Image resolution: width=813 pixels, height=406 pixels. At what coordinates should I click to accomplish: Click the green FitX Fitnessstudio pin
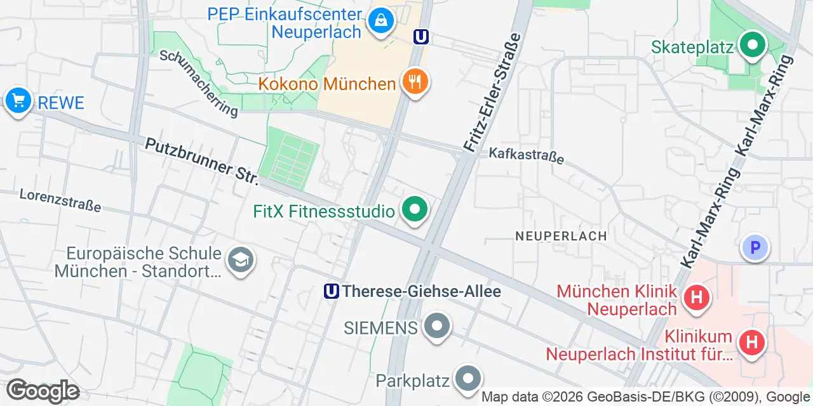[415, 209]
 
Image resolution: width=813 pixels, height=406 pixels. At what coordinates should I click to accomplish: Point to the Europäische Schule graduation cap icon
[240, 260]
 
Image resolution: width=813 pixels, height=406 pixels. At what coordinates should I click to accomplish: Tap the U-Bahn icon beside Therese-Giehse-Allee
[331, 291]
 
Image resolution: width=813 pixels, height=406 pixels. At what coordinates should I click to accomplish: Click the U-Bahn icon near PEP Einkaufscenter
[420, 37]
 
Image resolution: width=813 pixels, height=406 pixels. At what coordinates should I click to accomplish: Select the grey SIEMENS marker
[436, 327]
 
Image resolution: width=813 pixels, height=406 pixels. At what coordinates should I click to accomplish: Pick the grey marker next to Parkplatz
[468, 379]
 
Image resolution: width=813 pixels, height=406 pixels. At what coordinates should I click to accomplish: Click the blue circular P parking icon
[755, 248]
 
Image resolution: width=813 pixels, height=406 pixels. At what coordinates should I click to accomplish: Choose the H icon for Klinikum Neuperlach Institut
[751, 343]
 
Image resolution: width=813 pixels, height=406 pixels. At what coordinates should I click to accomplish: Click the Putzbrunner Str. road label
[202, 162]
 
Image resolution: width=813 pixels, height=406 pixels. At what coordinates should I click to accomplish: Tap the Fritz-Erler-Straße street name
[492, 93]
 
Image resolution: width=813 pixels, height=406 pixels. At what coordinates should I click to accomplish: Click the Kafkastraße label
[526, 155]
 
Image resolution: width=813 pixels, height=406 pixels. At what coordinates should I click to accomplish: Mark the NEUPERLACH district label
[561, 236]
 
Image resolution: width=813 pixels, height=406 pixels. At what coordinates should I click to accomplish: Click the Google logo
[43, 391]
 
